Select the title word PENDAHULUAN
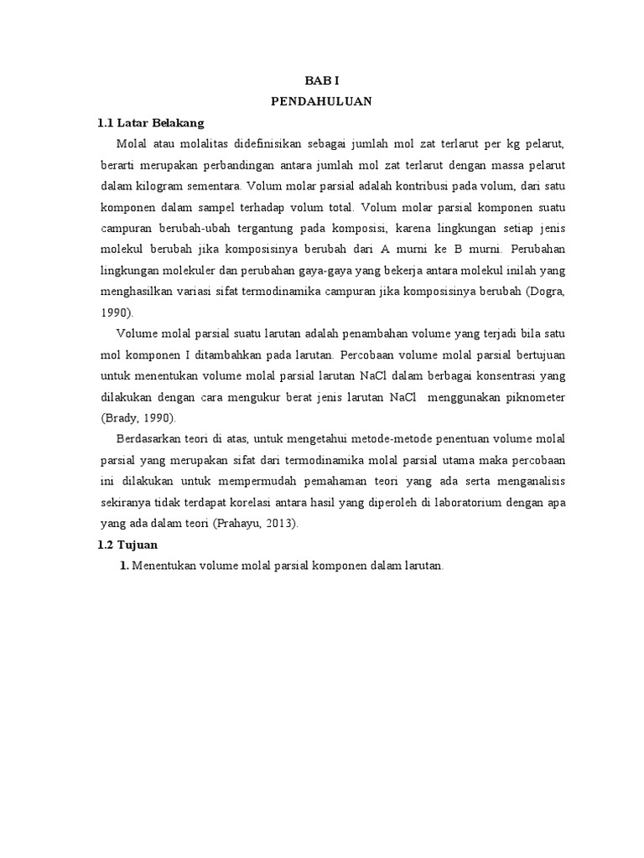pos(321,101)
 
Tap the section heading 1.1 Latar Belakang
pos(151,122)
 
